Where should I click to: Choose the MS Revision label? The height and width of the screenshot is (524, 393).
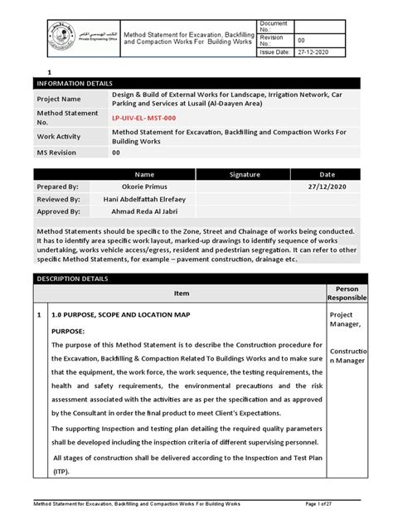[59, 153]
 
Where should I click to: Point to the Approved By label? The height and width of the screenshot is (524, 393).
[58, 211]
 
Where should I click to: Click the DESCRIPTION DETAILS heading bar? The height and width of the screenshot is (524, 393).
[196, 279]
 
